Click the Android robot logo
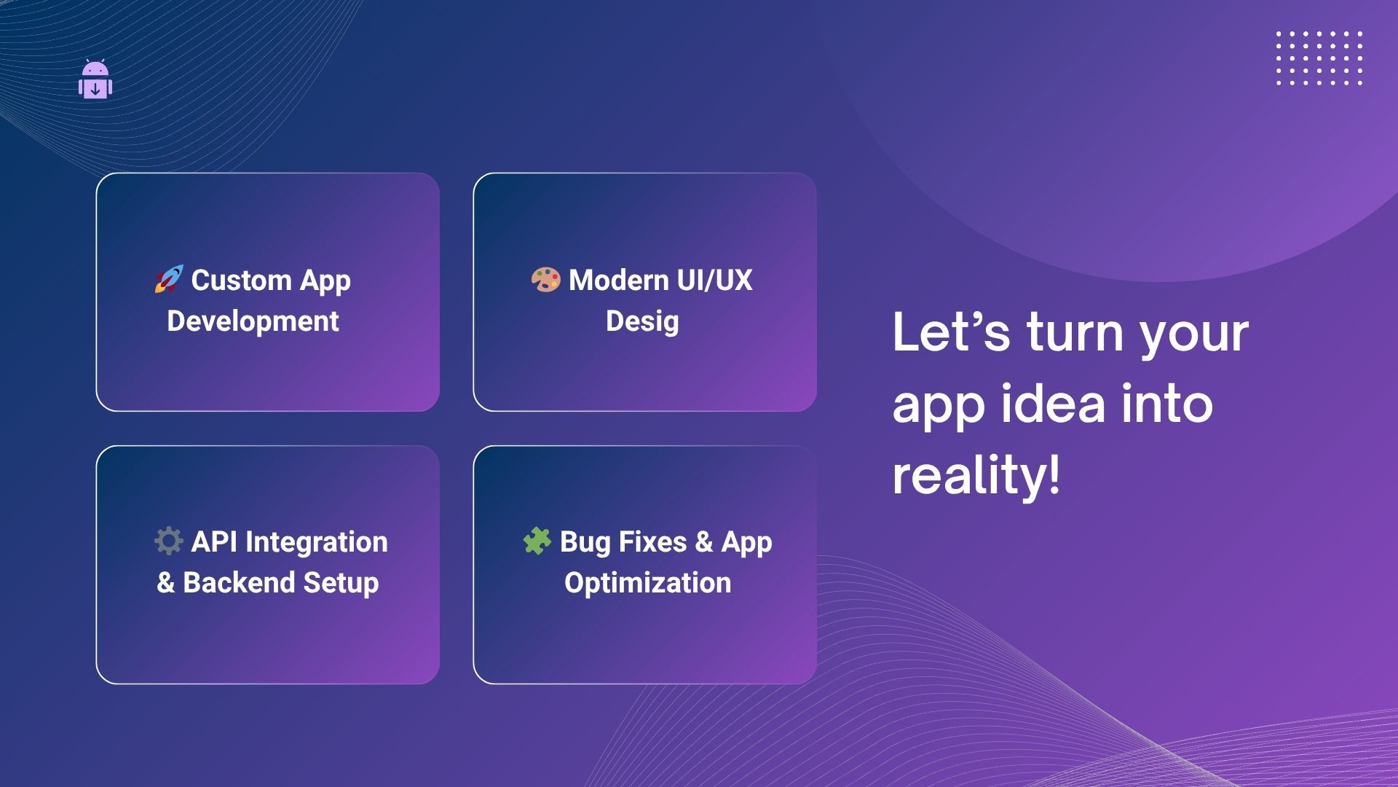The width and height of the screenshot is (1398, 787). click(x=95, y=79)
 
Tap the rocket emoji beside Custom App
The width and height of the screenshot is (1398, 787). click(x=168, y=279)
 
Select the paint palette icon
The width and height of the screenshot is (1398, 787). click(x=545, y=279)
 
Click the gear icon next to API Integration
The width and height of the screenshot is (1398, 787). click(x=168, y=541)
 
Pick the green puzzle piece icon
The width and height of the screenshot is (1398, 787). click(x=537, y=541)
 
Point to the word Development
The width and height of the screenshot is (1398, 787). click(x=253, y=321)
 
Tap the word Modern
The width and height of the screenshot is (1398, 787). click(x=618, y=280)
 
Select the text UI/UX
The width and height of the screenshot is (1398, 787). click(x=714, y=280)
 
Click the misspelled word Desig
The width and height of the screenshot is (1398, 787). click(x=642, y=321)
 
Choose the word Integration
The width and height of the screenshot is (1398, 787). click(x=316, y=542)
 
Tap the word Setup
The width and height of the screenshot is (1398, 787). click(x=341, y=584)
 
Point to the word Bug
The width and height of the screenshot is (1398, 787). click(x=585, y=543)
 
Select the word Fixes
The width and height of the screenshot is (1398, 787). click(x=652, y=541)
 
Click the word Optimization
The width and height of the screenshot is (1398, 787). click(x=647, y=584)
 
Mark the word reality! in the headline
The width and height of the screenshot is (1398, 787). click(x=976, y=475)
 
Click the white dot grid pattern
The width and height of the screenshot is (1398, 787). click(x=1319, y=58)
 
